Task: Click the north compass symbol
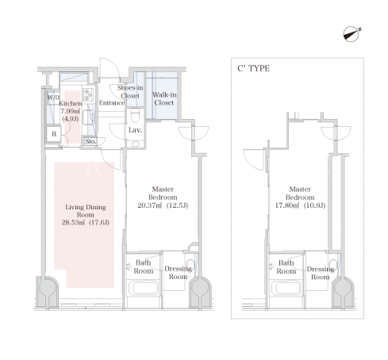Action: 352,34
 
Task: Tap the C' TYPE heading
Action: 253,68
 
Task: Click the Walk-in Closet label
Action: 164,98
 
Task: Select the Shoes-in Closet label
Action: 130,91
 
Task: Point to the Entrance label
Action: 112,103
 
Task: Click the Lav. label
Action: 135,130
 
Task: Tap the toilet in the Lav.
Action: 135,116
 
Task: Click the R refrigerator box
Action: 54,134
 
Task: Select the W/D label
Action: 53,98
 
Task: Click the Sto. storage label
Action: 90,141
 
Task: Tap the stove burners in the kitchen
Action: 88,95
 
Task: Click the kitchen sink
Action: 88,117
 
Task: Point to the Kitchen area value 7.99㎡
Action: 71,111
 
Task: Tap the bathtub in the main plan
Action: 144,288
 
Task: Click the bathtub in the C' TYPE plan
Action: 286,288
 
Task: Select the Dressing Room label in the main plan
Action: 178,273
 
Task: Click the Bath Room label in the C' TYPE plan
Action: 286,267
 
